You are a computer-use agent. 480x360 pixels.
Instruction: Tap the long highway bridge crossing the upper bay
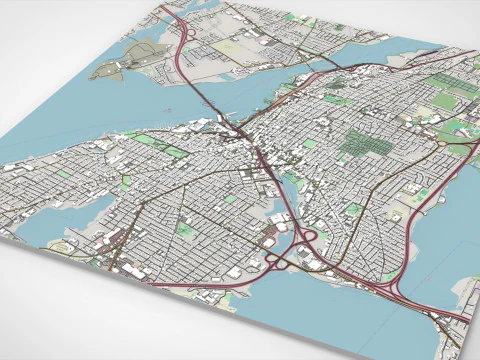205,95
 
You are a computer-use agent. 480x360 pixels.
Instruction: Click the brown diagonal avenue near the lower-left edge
120,250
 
